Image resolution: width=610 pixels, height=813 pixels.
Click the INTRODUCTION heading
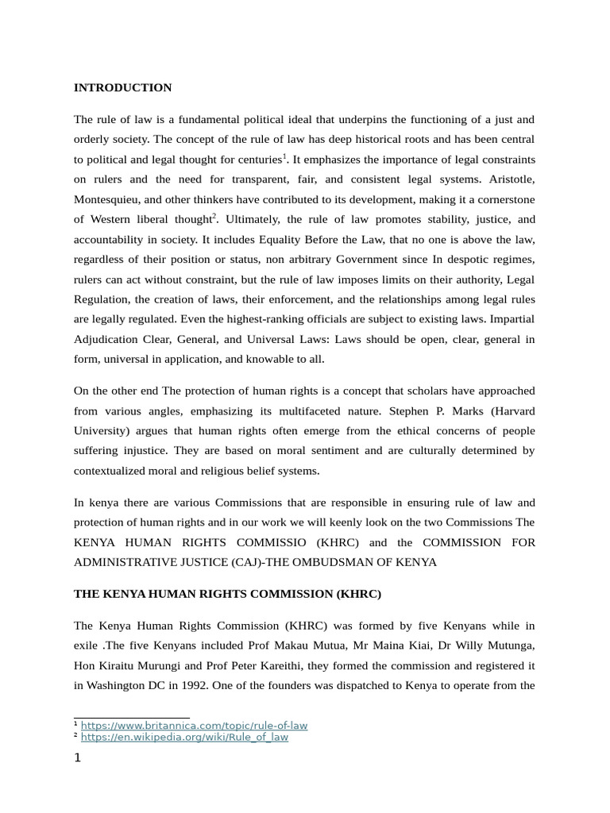click(122, 87)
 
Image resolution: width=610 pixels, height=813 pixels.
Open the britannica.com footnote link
click(194, 725)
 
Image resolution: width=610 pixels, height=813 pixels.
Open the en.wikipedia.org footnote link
click(184, 737)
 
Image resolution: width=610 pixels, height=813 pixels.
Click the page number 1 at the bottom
click(78, 757)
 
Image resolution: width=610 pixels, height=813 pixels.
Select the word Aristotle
click(509, 179)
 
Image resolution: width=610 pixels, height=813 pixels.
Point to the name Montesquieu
click(110, 198)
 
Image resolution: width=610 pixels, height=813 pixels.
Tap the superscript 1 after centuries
click(285, 156)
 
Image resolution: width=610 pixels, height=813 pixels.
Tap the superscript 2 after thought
click(214, 215)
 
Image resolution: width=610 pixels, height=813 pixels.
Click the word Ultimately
click(253, 219)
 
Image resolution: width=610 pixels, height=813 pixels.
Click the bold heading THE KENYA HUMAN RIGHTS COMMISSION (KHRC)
click(227, 594)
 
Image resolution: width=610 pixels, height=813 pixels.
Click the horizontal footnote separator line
click(132, 717)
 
